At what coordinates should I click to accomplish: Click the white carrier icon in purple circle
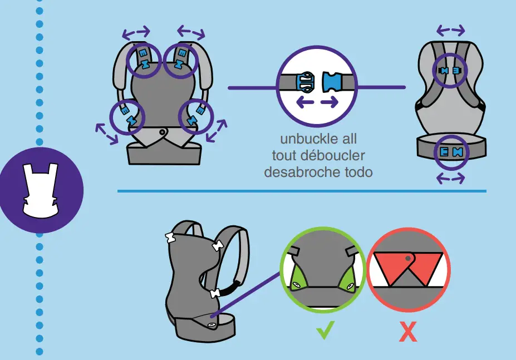(41, 189)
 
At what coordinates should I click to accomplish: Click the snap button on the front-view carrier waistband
(162, 132)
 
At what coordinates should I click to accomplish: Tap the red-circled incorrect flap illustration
(409, 269)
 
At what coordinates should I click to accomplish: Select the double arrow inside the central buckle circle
(317, 102)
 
